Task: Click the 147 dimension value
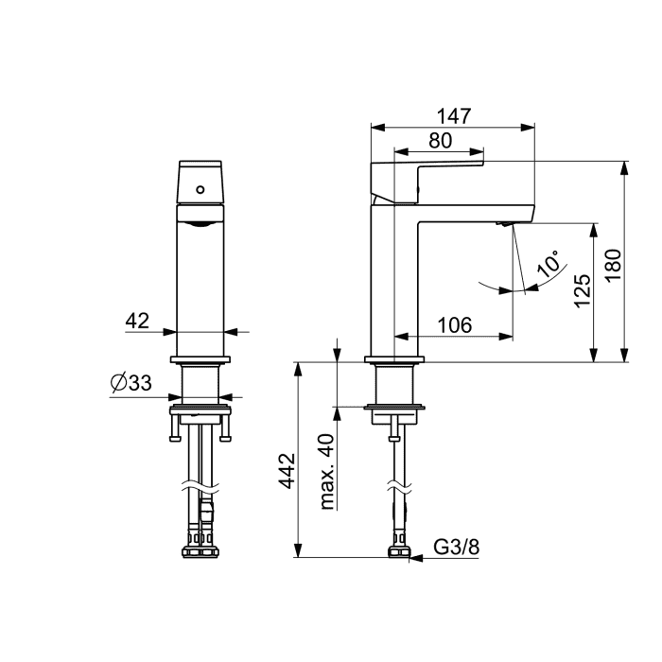(x=453, y=116)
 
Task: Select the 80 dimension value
(x=441, y=141)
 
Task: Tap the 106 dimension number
(x=454, y=325)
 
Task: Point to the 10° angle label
(x=548, y=264)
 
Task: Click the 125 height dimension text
(x=583, y=291)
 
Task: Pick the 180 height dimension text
(x=613, y=265)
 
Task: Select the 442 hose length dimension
(x=287, y=471)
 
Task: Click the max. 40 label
(x=327, y=472)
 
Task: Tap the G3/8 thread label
(x=457, y=548)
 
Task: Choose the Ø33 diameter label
(x=131, y=383)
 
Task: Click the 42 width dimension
(x=137, y=321)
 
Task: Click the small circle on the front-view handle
(x=200, y=189)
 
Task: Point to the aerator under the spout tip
(x=504, y=224)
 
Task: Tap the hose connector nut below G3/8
(x=399, y=551)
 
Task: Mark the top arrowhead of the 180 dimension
(x=624, y=168)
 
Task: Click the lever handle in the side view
(x=427, y=182)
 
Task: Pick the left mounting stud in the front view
(x=174, y=428)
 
